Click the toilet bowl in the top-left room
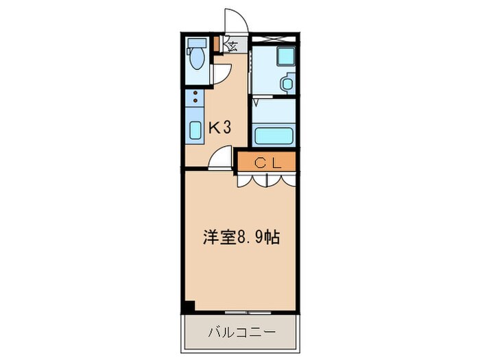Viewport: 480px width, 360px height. (x=197, y=60)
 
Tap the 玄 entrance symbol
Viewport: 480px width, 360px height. (x=232, y=47)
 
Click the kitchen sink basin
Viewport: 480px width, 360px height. (x=195, y=130)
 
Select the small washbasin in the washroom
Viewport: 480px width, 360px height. (x=287, y=85)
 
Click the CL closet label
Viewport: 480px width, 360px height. (x=266, y=163)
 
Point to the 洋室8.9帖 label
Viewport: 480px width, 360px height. (x=240, y=239)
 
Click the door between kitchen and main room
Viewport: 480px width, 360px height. (x=221, y=160)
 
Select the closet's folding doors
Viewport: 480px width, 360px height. (x=266, y=179)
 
